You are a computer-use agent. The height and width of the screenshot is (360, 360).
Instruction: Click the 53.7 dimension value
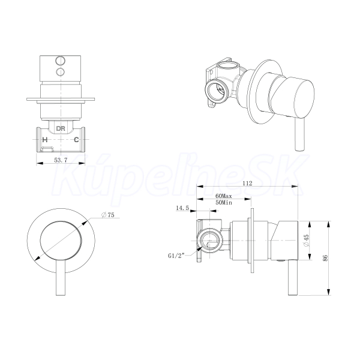61,160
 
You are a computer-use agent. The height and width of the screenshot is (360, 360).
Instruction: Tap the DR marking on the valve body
61,128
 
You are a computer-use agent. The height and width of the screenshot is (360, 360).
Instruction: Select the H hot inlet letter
45,140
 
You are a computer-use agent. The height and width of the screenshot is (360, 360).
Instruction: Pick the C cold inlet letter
76,140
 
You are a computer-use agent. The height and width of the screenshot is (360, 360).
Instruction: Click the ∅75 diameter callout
107,215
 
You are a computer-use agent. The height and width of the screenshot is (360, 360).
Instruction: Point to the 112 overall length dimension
247,183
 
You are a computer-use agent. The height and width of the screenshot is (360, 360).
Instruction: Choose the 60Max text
224,196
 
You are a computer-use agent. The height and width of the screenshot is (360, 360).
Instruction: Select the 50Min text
224,203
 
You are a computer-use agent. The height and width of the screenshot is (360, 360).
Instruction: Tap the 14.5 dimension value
182,208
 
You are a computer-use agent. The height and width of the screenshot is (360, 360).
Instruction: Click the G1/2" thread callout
176,256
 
